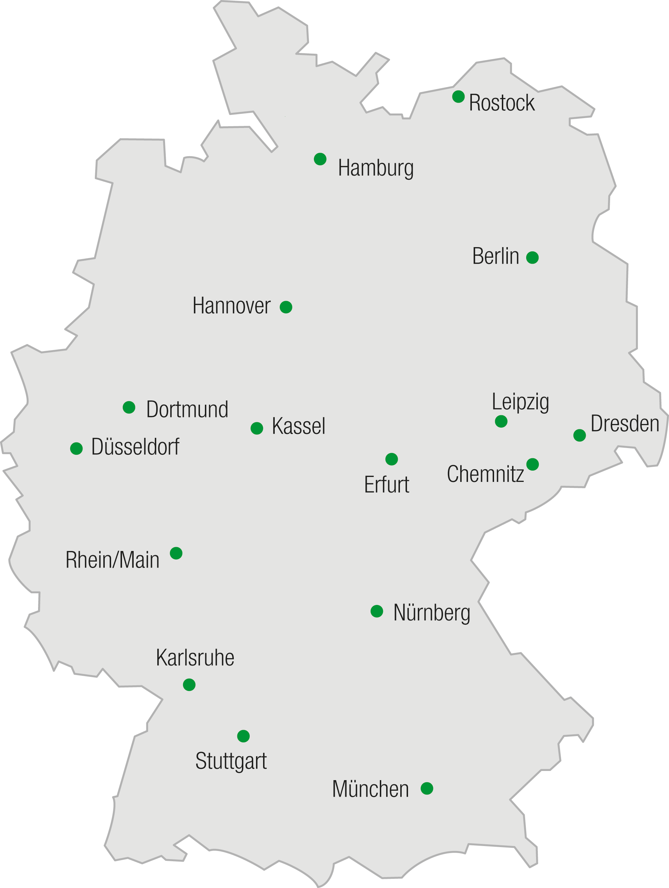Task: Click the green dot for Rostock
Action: [458, 96]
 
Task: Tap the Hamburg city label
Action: [376, 168]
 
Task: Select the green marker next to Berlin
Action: [533, 257]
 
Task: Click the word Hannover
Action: [231, 306]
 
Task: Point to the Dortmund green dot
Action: [129, 407]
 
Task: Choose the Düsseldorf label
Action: [135, 446]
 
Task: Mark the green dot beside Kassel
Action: [257, 428]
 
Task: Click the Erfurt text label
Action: [386, 485]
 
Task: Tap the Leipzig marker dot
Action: [501, 421]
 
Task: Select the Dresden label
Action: [625, 423]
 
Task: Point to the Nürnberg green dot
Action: [377, 611]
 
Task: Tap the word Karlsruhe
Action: [195, 658]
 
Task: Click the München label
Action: [370, 789]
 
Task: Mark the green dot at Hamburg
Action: [320, 159]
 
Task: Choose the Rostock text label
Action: [501, 103]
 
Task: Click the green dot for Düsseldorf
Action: [76, 448]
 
